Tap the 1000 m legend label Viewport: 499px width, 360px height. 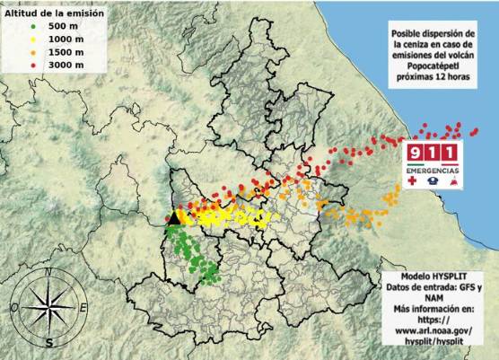pos(66,40)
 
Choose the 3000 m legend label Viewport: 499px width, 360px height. pos(66,66)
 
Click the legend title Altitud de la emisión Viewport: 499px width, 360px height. pos(55,13)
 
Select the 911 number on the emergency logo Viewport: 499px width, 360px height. pos(434,150)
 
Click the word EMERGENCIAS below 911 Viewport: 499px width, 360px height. pos(434,169)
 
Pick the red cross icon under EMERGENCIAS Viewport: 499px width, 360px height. pos(414,180)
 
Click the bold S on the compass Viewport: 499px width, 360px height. pos(50,342)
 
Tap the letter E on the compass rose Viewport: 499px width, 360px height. pos(83,308)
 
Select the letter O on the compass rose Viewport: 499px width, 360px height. pos(15,308)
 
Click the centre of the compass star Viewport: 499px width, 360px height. pos(50,308)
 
